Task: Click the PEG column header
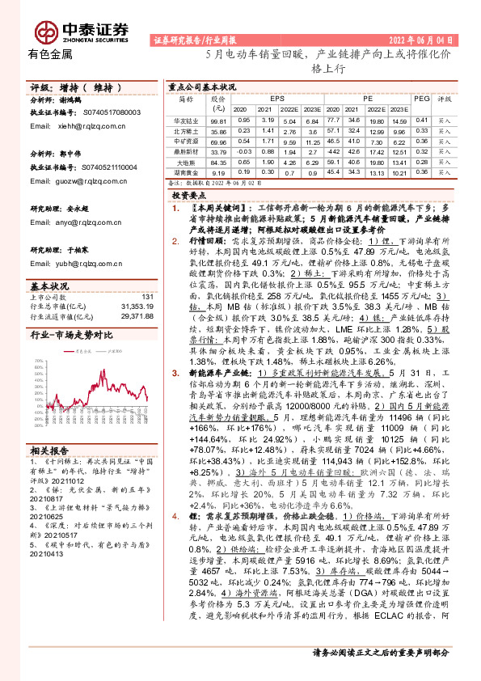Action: (421, 97)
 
